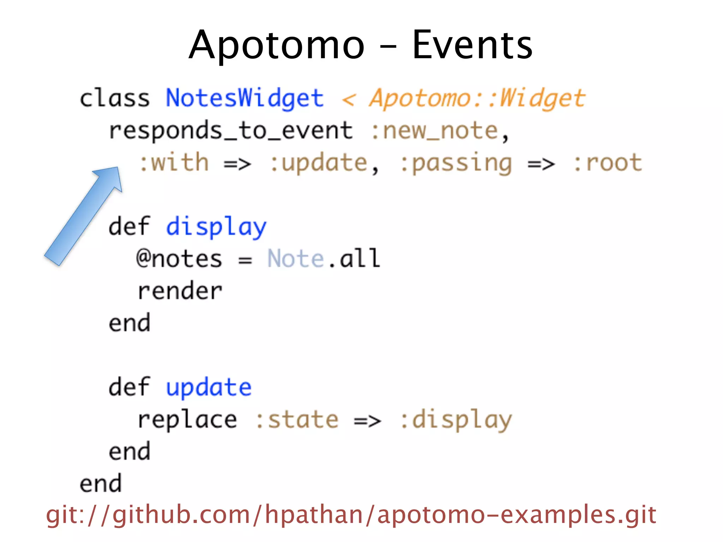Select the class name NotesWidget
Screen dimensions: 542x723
coord(245,98)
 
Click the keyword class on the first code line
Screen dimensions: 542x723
coord(115,98)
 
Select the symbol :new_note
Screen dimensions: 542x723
coord(435,131)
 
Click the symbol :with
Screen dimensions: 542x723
coord(174,163)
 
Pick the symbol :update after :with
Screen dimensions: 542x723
coord(319,163)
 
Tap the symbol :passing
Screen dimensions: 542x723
coord(456,163)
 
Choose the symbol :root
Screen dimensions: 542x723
coord(608,163)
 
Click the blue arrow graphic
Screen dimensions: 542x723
coord(83,216)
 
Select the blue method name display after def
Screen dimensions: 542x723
coord(216,227)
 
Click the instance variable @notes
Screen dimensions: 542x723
coord(179,259)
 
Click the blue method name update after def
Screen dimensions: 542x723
coord(209,387)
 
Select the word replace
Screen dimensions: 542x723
coord(187,420)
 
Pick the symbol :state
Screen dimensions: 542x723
coord(297,420)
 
